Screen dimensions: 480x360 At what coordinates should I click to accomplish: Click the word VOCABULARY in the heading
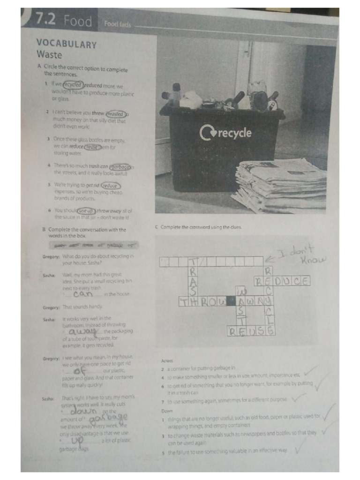pyautogui.click(x=66, y=45)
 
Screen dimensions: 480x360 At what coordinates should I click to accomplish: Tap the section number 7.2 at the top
pyautogui.click(x=45, y=20)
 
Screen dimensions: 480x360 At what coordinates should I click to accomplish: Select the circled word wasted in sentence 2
pyautogui.click(x=116, y=113)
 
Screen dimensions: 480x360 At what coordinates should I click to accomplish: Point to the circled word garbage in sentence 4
pyautogui.click(x=120, y=166)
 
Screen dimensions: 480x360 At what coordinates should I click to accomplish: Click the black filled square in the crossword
pyautogui.click(x=231, y=301)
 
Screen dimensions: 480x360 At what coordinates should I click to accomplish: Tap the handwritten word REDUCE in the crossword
pyautogui.click(x=281, y=281)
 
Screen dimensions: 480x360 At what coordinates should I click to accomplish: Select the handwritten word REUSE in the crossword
pyautogui.click(x=251, y=331)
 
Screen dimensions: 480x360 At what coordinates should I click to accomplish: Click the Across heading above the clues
pyautogui.click(x=167, y=360)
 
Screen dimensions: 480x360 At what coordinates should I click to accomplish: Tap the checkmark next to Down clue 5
pyautogui.click(x=299, y=450)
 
